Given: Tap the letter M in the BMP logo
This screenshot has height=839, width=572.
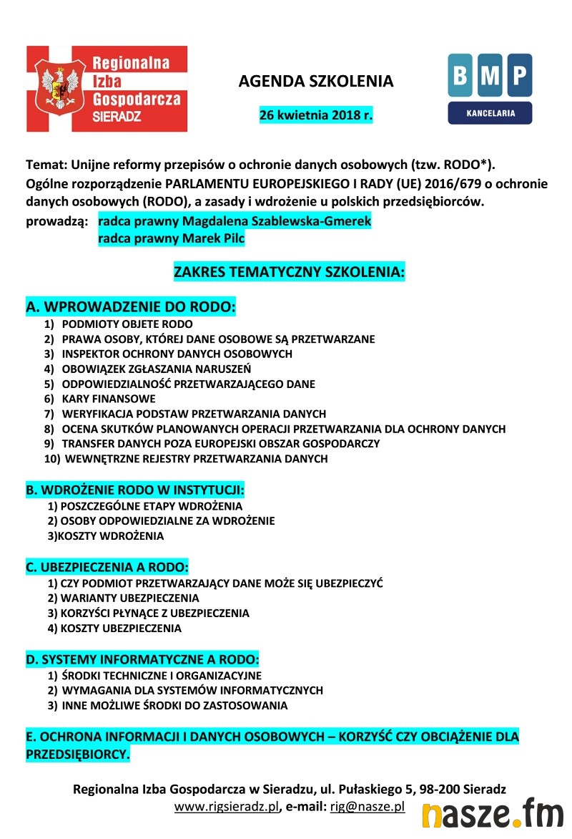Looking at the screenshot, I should [490, 74].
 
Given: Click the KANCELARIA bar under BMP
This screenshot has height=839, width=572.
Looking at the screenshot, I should [490, 113].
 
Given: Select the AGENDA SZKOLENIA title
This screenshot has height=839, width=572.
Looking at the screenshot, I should [315, 81].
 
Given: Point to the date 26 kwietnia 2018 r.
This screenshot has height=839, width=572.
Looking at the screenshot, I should [315, 115].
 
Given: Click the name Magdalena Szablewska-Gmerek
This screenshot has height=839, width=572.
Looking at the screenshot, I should [235, 222].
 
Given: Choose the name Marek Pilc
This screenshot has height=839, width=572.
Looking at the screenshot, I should [172, 239].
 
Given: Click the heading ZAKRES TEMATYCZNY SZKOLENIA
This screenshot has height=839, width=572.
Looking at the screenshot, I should [289, 273].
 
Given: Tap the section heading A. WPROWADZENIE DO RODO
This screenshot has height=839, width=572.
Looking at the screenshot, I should [131, 308].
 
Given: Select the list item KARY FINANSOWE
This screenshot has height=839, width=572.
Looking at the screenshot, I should [109, 399].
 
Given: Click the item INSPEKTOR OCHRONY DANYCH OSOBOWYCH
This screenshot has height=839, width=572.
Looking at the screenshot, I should [177, 354].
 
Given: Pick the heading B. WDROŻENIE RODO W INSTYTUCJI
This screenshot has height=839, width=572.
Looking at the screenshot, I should [135, 490].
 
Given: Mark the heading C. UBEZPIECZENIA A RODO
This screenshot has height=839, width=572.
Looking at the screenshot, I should [107, 568].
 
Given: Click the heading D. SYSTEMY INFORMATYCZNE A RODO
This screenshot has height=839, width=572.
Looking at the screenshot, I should [142, 659].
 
